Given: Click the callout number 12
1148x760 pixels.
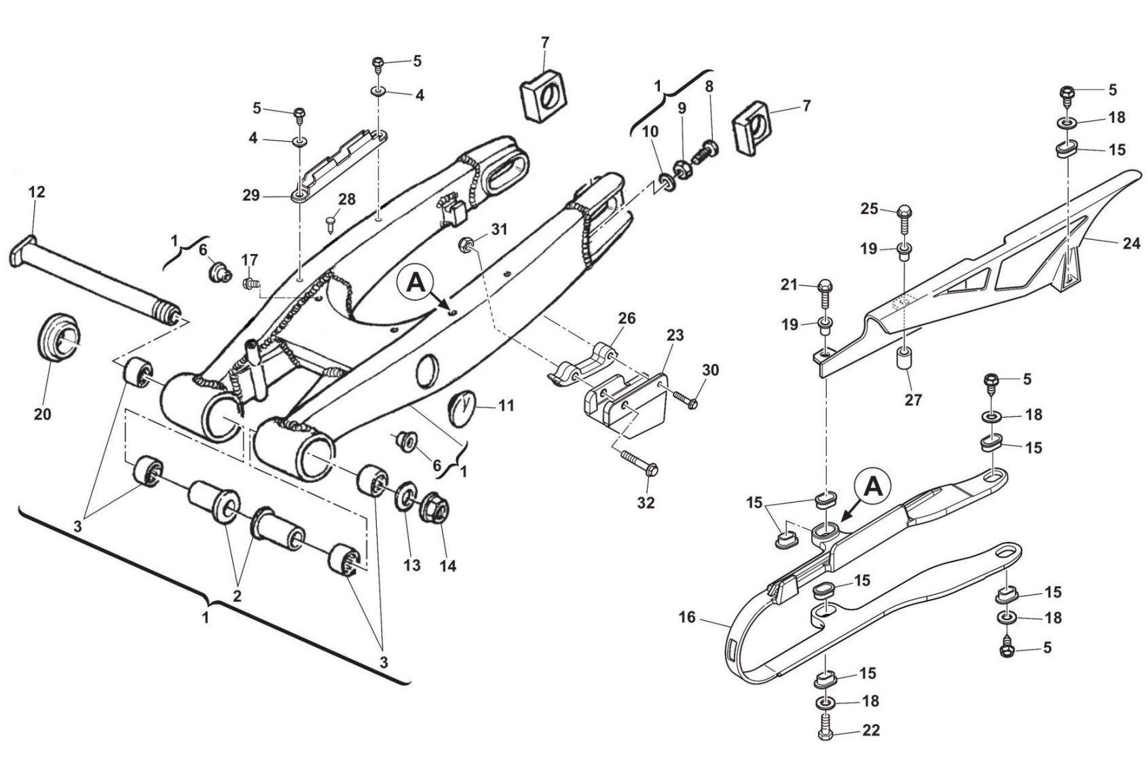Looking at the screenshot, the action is tap(37, 192).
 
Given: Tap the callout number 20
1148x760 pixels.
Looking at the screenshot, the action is tap(43, 414).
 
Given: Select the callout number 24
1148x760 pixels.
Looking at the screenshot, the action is tap(1132, 244).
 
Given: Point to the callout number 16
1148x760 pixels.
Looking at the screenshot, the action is tap(687, 617).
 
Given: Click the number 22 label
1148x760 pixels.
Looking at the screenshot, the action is tap(871, 730).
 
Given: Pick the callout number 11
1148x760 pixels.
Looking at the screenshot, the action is tap(506, 405).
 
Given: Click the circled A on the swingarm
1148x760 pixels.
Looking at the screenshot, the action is tap(415, 283).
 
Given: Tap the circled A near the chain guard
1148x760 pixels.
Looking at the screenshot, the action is tap(873, 488).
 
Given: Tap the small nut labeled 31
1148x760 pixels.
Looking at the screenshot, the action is tap(466, 245).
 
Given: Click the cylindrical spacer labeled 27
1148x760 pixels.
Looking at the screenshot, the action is tap(905, 367).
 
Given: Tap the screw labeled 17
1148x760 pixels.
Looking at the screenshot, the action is tap(251, 282).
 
